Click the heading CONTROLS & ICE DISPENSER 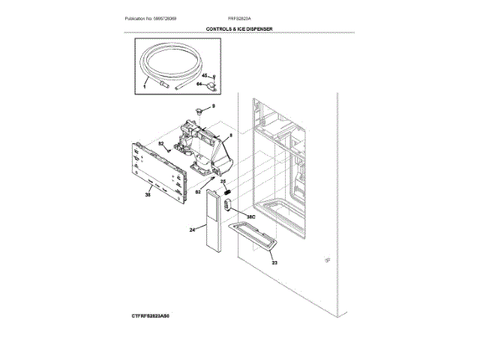pos(239,28)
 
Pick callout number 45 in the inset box pos(203,76)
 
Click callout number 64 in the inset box pos(200,85)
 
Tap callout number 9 pos(213,107)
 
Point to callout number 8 pos(231,136)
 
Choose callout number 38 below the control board pos(148,195)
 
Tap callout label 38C pos(251,216)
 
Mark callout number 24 pos(192,229)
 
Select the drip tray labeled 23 pos(256,235)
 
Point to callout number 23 pos(274,262)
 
